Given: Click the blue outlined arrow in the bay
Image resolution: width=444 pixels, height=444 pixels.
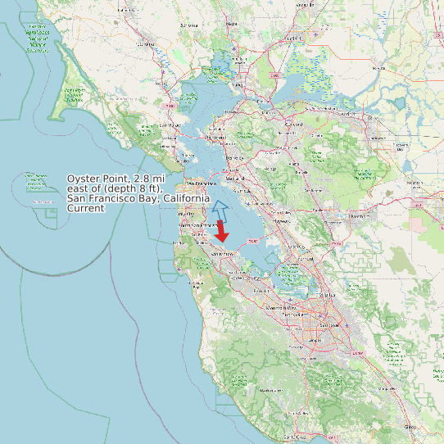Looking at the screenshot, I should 220,210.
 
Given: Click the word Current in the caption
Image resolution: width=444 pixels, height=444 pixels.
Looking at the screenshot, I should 86,209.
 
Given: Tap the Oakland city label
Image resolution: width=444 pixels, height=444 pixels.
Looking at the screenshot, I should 235,178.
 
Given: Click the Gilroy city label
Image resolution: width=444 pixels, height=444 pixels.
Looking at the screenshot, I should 410,427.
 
